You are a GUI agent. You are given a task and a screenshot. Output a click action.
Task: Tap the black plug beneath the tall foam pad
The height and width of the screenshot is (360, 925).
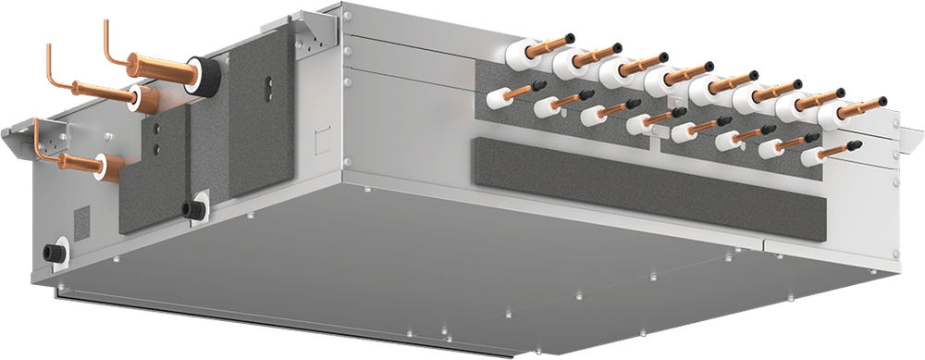tap(195, 208)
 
